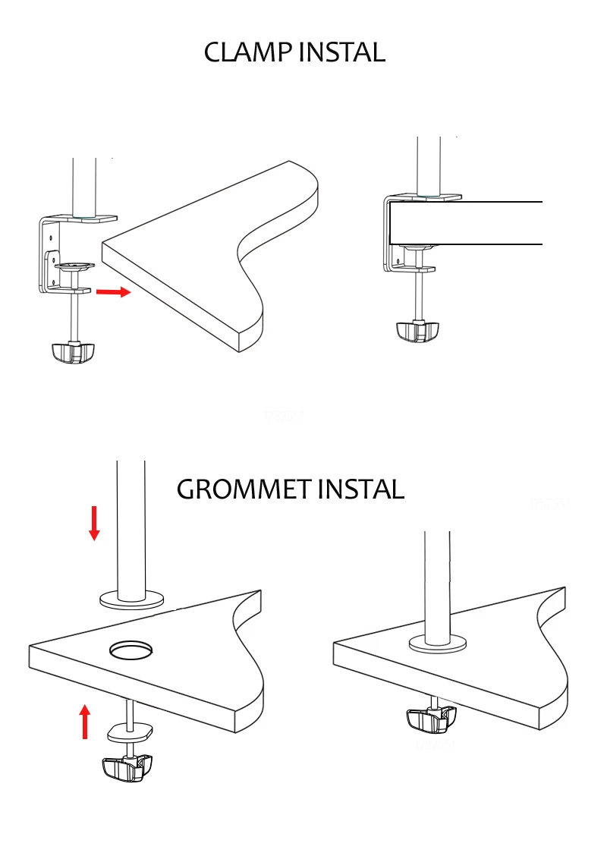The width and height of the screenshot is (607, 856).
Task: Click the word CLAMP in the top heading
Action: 247,52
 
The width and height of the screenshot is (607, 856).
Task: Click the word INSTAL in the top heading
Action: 342,52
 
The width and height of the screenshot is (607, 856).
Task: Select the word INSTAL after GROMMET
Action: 361,489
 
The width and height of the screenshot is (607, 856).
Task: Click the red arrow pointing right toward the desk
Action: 114,292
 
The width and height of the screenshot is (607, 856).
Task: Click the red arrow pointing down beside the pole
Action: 94,523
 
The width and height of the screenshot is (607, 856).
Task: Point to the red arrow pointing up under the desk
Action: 85,722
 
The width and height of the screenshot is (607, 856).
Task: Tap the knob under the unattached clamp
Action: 74,352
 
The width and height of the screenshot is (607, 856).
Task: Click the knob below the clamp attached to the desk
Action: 417,332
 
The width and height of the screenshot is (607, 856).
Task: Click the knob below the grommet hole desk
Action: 127,768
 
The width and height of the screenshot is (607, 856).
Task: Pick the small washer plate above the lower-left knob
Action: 130,732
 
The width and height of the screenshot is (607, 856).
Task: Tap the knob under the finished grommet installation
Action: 431,719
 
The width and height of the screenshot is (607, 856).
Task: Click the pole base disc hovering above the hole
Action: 131,600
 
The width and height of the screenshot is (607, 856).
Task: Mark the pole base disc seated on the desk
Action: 438,644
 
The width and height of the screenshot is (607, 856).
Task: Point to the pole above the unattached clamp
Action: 84,188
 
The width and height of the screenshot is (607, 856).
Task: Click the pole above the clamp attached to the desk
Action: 429,166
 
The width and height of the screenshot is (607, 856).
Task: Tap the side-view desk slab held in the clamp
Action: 466,223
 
